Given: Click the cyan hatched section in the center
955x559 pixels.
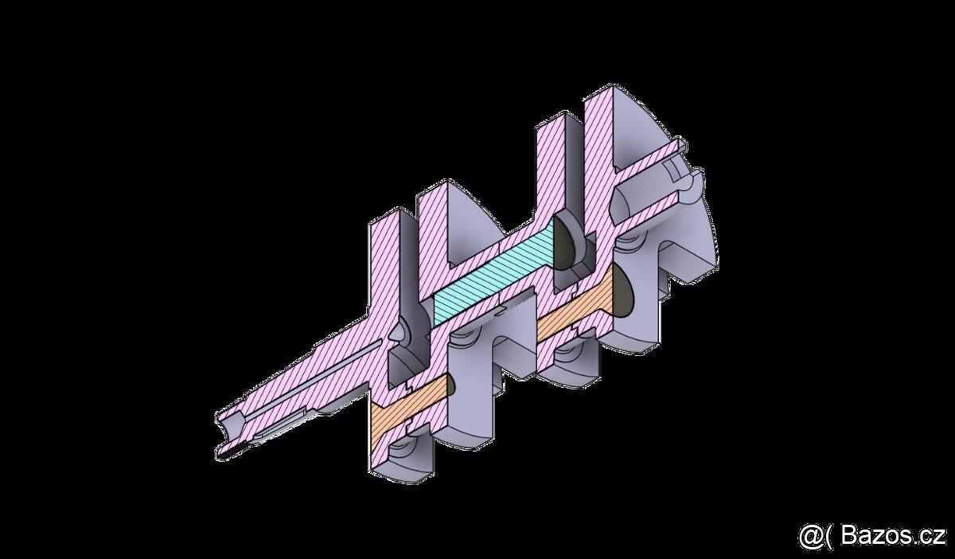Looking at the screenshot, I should [x=493, y=271].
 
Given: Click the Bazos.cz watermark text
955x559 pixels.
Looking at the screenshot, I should [x=891, y=536].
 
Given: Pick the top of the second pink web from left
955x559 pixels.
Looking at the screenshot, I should [x=436, y=191].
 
